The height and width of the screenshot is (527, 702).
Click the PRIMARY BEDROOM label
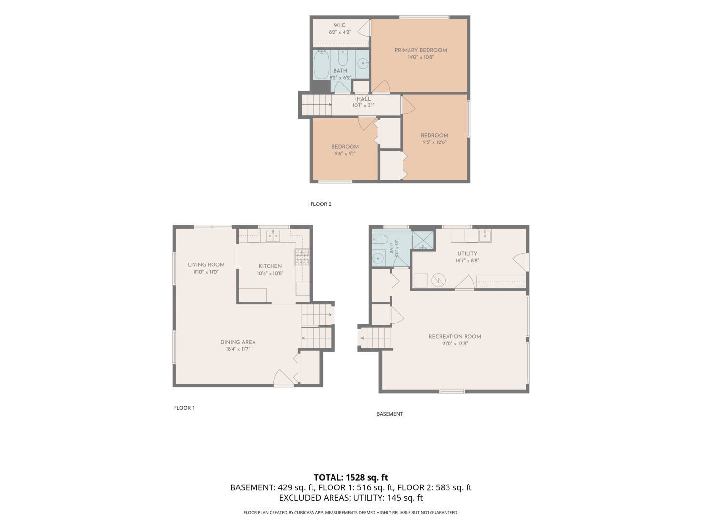pos(420,50)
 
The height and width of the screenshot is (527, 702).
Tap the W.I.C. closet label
pos(340,25)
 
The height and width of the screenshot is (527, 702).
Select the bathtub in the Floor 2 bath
pos(321,65)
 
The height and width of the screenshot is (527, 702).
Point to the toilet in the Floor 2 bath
pos(343,58)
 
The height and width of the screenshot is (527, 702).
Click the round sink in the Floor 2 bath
pos(362,63)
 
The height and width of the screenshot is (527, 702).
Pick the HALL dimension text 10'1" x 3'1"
pos(363,105)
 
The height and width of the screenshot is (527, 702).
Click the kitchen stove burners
pos(302,257)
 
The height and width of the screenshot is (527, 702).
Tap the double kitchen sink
pos(273,236)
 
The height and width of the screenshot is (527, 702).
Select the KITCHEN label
pos(270,266)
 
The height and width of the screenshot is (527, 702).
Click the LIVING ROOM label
pos(206,265)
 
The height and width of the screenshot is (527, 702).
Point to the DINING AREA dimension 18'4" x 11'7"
pos(237,349)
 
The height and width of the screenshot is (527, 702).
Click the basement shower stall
pos(423,240)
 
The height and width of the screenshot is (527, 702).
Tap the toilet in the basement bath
pos(380,239)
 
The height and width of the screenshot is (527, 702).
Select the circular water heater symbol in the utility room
pos(438,280)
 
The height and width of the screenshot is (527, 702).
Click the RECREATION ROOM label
pos(454,337)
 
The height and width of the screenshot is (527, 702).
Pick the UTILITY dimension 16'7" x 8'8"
pos(467,261)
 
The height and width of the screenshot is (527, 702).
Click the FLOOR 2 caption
pos(321,204)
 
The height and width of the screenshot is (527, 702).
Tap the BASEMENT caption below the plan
pos(390,414)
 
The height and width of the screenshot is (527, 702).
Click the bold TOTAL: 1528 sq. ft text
pos(351,477)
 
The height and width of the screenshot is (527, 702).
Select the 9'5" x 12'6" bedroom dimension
pos(434,142)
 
